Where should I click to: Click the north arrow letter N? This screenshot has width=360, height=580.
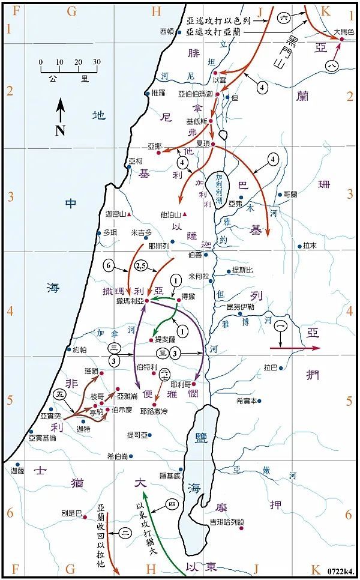coord(60,131)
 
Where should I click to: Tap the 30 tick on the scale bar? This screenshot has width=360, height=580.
coord(97,62)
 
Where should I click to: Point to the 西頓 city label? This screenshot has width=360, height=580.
coord(167,31)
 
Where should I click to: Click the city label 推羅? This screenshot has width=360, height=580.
coord(158,93)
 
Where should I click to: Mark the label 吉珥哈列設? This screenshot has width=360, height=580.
coord(224,522)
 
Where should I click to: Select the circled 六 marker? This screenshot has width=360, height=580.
coord(284,18)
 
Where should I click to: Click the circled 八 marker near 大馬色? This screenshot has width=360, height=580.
coord(331,64)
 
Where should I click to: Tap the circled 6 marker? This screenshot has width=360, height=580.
coord(108,265)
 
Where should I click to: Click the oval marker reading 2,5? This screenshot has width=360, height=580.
coord(143,265)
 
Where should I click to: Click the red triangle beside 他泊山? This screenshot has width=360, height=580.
coord(185,214)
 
